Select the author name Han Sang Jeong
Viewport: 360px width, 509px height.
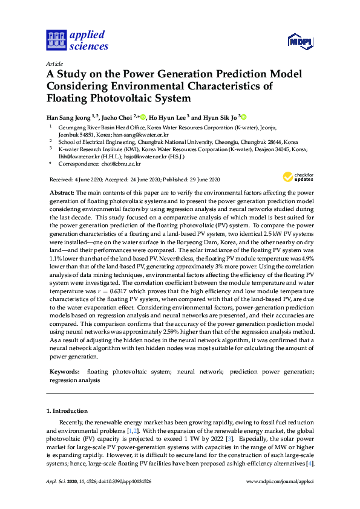(68, 117)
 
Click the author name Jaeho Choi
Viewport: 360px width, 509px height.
(114, 117)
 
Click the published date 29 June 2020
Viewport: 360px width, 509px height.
(202, 180)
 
